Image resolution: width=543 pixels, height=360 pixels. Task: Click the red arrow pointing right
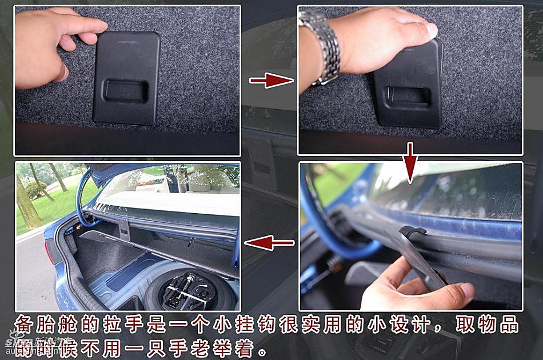pyautogui.click(x=271, y=81)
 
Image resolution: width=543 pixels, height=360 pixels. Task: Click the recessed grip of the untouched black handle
pyautogui.click(x=125, y=90)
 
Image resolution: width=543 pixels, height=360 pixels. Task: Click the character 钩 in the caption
pyautogui.click(x=260, y=324)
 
